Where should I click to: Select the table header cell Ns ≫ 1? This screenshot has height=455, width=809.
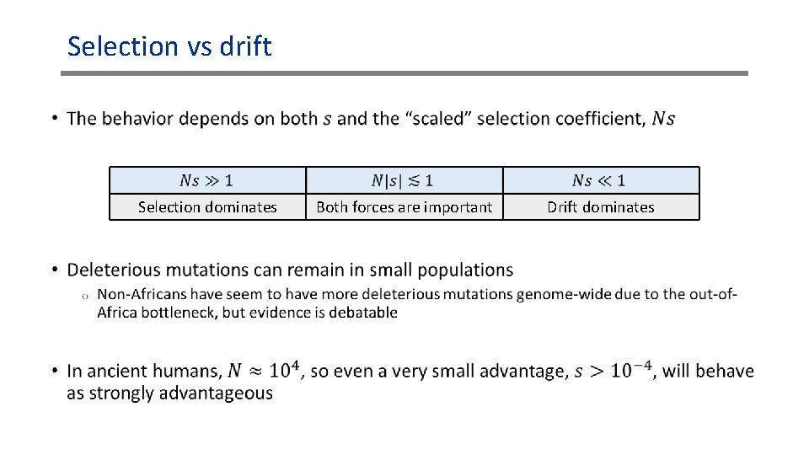pos(207,180)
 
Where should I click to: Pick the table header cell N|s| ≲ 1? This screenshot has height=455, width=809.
pos(404,180)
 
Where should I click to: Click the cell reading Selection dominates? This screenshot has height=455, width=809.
pos(207,206)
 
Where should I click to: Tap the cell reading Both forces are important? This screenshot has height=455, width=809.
pos(404,206)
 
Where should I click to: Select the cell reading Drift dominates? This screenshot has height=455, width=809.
pos(601,206)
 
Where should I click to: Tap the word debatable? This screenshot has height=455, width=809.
pos(363,313)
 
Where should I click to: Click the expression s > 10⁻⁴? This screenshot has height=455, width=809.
pos(613,370)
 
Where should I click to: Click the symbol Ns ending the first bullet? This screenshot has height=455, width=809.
pos(664,119)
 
